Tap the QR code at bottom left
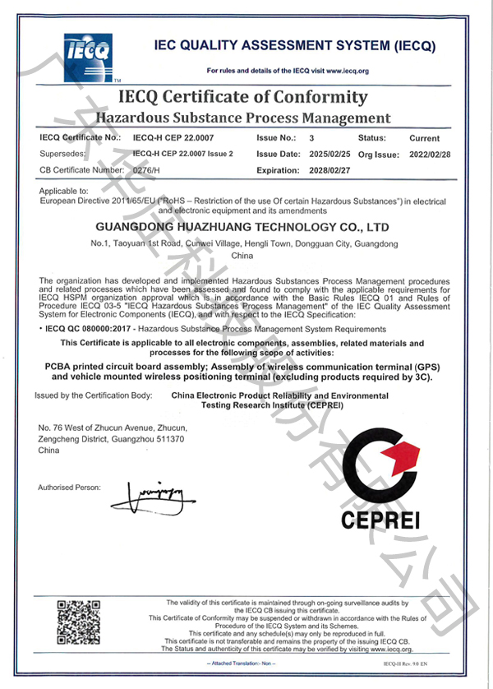(79, 623)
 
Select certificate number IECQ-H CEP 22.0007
(167, 138)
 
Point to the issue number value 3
(311, 138)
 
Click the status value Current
(424, 138)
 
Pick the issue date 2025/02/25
(329, 155)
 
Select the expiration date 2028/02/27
(329, 170)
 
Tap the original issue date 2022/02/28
(431, 155)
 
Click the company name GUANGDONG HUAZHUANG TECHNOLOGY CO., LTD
(242, 226)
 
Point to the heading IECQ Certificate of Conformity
(243, 97)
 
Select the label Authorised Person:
(69, 488)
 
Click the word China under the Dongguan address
(242, 257)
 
